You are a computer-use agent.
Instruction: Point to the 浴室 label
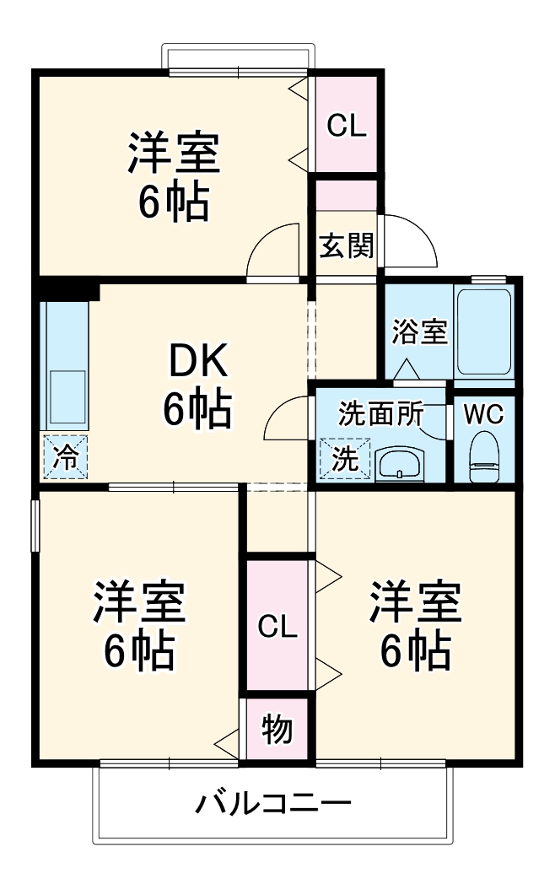click(x=419, y=332)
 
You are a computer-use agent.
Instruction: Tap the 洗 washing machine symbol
click(x=343, y=460)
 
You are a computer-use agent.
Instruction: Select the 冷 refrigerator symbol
click(x=65, y=457)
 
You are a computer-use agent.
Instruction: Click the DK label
click(x=197, y=364)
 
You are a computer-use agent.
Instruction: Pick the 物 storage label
click(x=276, y=729)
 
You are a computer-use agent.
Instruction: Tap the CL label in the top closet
click(x=347, y=126)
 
